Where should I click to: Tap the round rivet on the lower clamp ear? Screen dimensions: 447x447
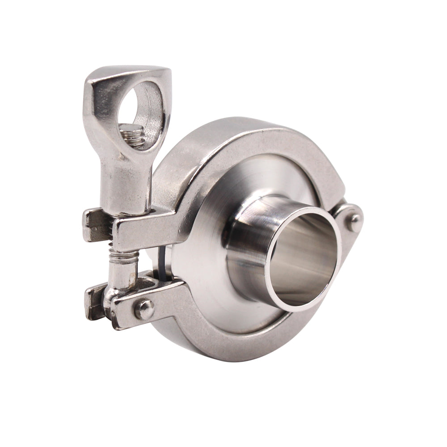tap(144, 308)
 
